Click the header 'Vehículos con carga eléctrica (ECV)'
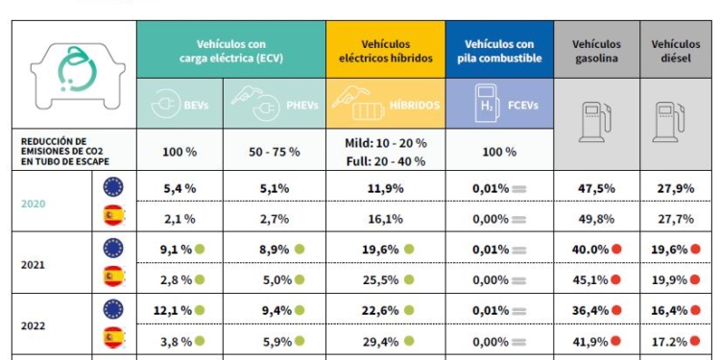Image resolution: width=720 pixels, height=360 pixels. (230, 51)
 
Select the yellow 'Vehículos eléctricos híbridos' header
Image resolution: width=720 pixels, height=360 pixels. (385, 51)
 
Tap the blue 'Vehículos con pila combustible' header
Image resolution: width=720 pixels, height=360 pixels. (499, 51)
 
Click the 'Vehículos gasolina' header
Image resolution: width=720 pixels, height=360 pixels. (596, 51)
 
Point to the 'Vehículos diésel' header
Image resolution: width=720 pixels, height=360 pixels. (675, 51)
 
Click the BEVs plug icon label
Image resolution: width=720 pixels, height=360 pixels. (180, 102)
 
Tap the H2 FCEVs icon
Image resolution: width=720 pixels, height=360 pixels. (499, 102)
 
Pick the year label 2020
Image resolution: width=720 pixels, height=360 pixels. (33, 204)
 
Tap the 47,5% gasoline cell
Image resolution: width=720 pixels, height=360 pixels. (597, 188)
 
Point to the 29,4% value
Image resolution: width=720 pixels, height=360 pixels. (380, 340)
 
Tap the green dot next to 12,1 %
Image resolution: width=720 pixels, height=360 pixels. (202, 310)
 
